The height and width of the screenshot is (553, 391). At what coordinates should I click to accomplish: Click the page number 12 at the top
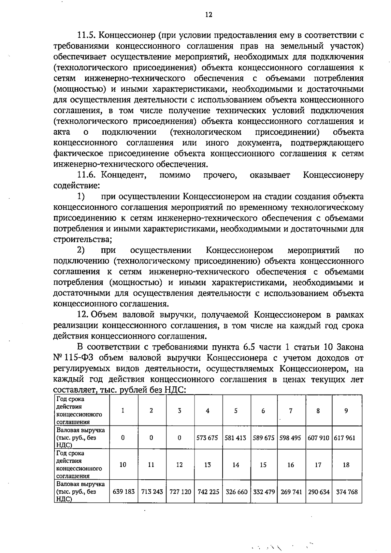coord(209,15)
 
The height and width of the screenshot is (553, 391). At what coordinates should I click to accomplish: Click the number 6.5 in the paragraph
coord(250,347)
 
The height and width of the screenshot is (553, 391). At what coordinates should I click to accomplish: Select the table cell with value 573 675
coord(207,438)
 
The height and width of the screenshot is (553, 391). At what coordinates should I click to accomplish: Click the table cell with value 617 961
coord(346,438)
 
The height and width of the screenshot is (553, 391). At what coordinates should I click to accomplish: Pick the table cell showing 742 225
coord(207,492)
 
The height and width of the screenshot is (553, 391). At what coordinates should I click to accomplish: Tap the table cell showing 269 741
coord(291,492)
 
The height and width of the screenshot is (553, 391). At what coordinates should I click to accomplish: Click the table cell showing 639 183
coord(123,492)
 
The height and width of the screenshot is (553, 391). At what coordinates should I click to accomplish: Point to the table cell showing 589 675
coord(263,438)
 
